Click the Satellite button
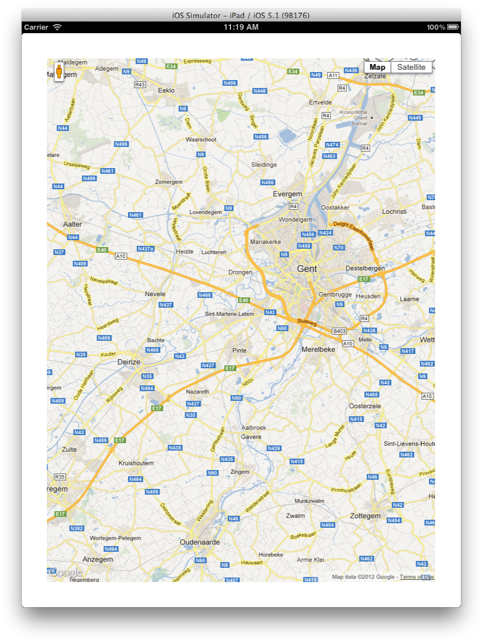click(x=412, y=67)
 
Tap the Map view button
click(x=377, y=67)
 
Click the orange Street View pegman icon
click(x=59, y=72)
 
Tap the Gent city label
click(x=307, y=269)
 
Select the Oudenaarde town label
click(x=200, y=542)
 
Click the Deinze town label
click(x=129, y=362)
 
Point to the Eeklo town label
click(x=166, y=90)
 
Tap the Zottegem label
click(x=365, y=516)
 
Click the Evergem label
click(x=287, y=194)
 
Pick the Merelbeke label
click(x=318, y=349)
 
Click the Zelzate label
click(x=376, y=76)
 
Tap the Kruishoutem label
click(x=136, y=463)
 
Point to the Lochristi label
click(x=395, y=212)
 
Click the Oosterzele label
click(x=365, y=405)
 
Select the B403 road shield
click(x=340, y=331)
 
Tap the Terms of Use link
click(x=416, y=577)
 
